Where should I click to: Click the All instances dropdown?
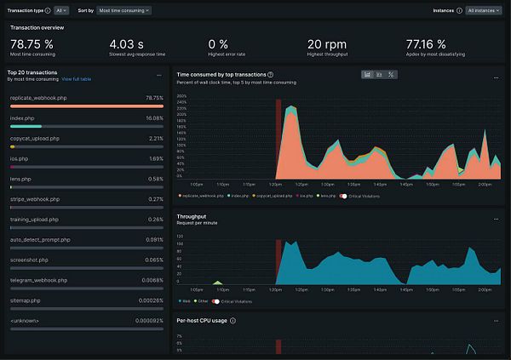[x=483, y=11]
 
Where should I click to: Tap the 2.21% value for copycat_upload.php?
[x=156, y=138]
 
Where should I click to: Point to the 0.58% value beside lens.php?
[x=156, y=179]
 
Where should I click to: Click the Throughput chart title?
[x=192, y=216]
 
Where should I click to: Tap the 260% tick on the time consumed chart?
[x=181, y=95]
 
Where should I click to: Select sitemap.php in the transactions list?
[x=24, y=300]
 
